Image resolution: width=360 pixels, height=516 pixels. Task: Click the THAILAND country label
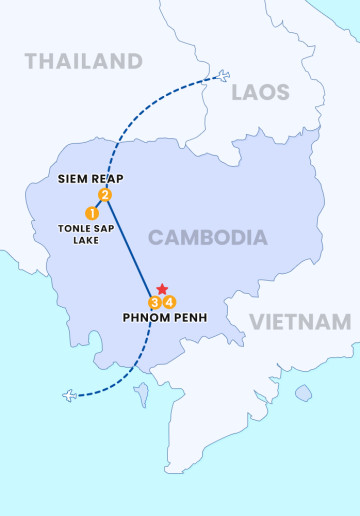tap(84, 61)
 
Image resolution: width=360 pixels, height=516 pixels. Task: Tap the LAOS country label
tap(260, 93)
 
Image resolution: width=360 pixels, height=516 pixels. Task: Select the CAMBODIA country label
tap(208, 237)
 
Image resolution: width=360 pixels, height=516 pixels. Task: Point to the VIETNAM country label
tap(300, 322)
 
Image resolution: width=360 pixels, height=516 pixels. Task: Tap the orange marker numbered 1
tap(92, 213)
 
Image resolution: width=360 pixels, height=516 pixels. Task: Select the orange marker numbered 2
tap(105, 195)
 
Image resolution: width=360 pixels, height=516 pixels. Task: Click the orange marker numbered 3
tap(155, 302)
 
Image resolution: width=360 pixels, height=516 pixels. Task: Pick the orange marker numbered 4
tap(170, 302)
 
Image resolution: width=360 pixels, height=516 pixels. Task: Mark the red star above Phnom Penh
tap(162, 289)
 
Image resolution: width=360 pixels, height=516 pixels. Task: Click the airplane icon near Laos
tap(223, 76)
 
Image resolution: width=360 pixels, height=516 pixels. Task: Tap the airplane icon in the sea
tap(69, 395)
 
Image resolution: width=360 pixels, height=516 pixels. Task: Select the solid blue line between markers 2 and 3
tap(130, 248)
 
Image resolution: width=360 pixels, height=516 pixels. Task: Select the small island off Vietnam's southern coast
tap(303, 393)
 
